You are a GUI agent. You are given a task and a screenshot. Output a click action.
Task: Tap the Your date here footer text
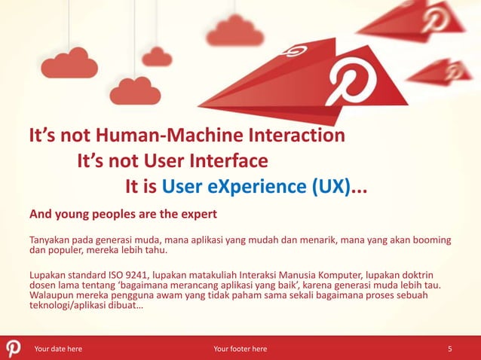(x=59, y=349)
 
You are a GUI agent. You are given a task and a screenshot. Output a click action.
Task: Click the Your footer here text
(x=240, y=349)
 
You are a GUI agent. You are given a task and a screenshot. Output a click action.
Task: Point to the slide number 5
(x=450, y=349)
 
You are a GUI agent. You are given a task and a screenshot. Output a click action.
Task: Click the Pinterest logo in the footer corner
(x=14, y=348)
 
